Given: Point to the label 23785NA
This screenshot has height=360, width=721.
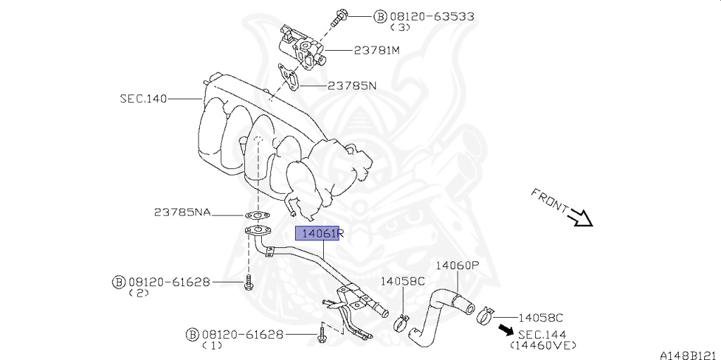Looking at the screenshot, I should coord(182,212).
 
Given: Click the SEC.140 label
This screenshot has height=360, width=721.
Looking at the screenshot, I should coord(143,99).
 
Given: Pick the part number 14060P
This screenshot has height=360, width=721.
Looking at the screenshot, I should coord(457,266).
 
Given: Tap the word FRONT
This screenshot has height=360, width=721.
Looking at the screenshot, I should coord(549,201).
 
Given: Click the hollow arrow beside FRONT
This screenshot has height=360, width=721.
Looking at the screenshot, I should coord(582,218).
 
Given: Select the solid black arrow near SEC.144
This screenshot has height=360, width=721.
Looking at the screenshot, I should coord(505,330).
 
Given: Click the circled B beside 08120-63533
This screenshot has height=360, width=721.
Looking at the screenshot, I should coord(380,16).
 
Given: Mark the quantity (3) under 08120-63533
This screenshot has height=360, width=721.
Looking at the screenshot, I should coord(399,27).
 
